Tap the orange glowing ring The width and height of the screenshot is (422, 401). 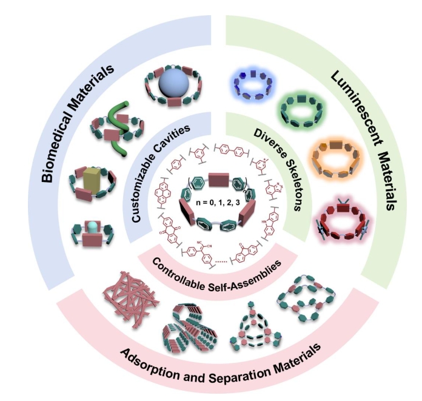(334, 158)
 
